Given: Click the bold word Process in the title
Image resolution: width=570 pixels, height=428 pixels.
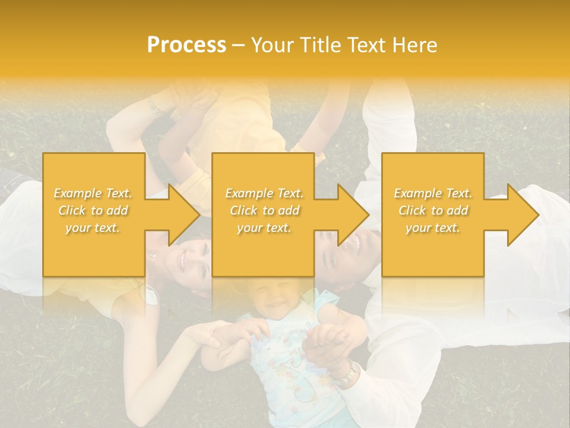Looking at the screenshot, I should (186, 45).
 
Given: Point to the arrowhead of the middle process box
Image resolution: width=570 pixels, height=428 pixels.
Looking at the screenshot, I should (352, 214).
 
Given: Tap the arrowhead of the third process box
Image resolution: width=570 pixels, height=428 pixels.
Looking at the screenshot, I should (521, 214).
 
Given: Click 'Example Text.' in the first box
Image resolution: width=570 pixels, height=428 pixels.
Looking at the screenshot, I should (93, 193).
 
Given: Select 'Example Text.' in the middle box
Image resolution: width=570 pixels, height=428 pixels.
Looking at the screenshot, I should (264, 193).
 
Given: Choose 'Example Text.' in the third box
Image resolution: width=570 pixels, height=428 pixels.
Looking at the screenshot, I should (433, 193).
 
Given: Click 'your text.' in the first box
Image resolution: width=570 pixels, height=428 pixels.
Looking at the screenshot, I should (93, 228).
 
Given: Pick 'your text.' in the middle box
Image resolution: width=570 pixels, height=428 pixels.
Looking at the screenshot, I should (264, 228).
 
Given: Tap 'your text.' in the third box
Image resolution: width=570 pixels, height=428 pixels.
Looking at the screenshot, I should (432, 228).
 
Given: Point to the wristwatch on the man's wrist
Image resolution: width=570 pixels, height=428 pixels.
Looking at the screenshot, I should (344, 374).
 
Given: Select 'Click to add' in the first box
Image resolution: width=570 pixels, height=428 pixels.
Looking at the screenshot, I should (93, 210).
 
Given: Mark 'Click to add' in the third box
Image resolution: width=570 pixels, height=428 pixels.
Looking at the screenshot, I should (433, 210).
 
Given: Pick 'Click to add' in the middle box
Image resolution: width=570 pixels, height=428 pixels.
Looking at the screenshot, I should (264, 210).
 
